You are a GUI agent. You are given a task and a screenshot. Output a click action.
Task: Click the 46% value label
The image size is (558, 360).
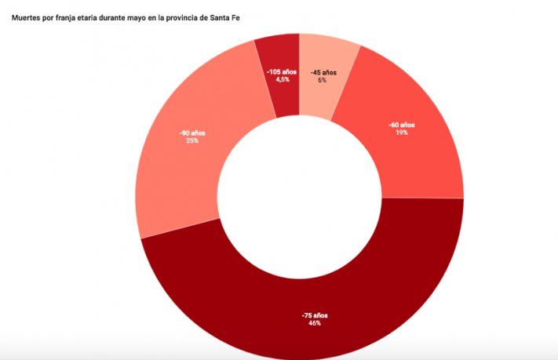[x=314, y=322]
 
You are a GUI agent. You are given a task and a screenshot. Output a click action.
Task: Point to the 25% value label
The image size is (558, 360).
[x=192, y=141]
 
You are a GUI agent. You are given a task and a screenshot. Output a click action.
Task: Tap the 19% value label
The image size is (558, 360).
[x=403, y=133]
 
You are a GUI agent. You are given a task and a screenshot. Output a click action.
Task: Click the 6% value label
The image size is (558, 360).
[x=323, y=80]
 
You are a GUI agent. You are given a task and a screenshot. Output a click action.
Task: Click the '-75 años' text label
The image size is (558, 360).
[x=314, y=315]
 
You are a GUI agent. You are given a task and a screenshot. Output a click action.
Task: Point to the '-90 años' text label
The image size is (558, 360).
[x=192, y=133]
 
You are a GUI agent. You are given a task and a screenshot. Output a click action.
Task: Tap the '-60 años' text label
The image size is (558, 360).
[x=402, y=125]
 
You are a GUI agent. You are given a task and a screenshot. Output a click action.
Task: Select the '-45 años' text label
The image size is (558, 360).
[x=323, y=72]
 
